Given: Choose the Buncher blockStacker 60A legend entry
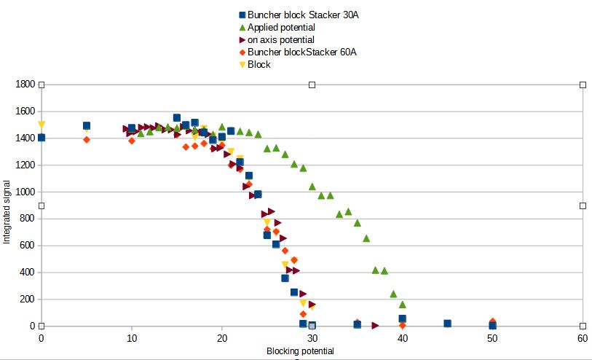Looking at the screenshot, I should (301, 52).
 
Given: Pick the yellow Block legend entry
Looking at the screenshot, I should (258, 64).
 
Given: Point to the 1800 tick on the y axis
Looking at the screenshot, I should (25, 85).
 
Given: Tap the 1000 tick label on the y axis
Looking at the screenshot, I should (25, 192).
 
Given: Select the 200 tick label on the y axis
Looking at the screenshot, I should (27, 300).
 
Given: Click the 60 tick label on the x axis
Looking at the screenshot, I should (583, 339).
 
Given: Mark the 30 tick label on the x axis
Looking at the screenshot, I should (312, 339).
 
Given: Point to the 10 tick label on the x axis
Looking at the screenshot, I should (131, 339).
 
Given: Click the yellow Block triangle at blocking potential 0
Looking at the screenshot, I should (42, 125).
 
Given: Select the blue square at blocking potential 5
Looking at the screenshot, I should (87, 126).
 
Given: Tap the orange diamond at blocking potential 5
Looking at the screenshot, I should (87, 139).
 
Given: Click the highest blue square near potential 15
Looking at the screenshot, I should (177, 117).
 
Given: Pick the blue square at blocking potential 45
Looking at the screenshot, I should (447, 323).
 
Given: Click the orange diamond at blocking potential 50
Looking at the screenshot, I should (492, 321).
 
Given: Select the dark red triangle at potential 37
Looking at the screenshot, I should (375, 325).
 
